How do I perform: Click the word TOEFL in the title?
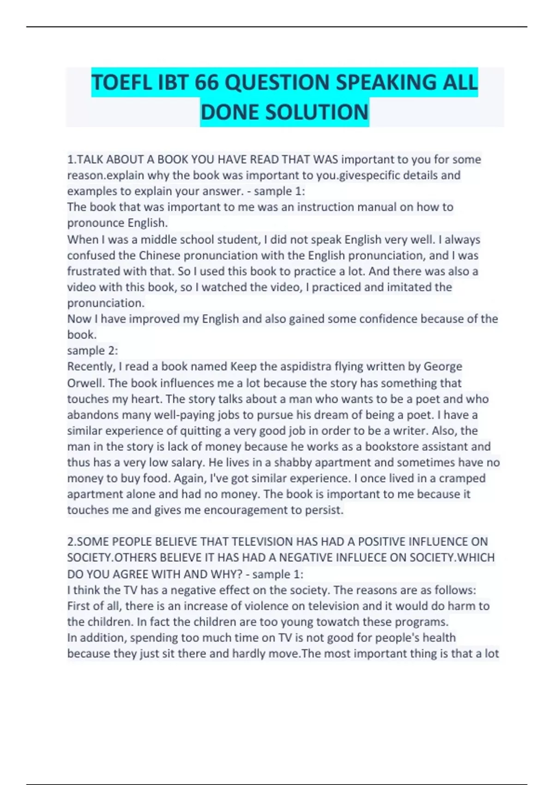click(x=121, y=83)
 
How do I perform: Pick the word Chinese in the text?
click(x=159, y=255)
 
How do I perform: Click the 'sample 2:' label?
click(x=92, y=350)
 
